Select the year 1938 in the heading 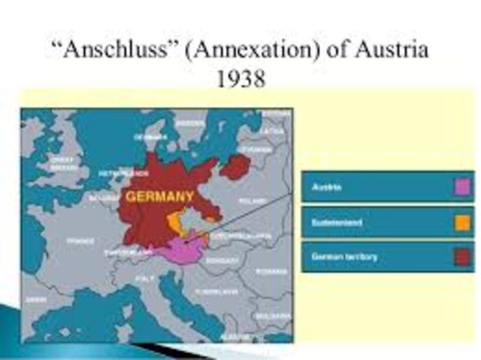tap(240, 78)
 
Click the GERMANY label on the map tap(159, 197)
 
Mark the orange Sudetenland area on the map tap(177, 223)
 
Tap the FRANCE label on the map tap(80, 241)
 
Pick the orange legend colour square tap(462, 222)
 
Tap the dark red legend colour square tap(462, 257)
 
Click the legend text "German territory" tap(344, 257)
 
